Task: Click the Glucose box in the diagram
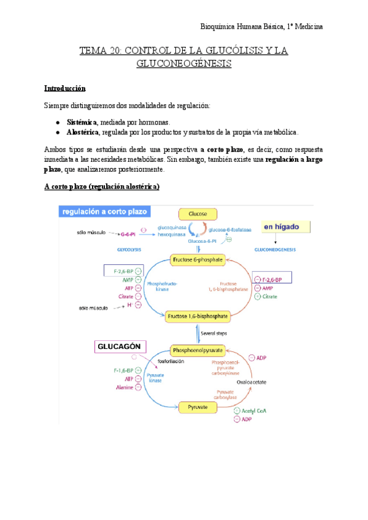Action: pyautogui.click(x=197, y=214)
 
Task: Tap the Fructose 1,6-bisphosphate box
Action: pyautogui.click(x=197, y=316)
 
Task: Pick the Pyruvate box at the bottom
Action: pyautogui.click(x=197, y=407)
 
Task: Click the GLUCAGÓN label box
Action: pyautogui.click(x=120, y=347)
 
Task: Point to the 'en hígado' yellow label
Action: pyautogui.click(x=283, y=226)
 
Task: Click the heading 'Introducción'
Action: pyautogui.click(x=69, y=88)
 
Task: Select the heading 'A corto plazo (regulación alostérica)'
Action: pyautogui.click(x=102, y=186)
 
